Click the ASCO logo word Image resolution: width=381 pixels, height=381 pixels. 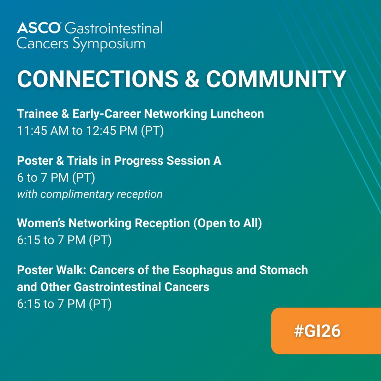pos(39,28)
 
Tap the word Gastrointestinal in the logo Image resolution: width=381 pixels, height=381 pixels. pos(114,28)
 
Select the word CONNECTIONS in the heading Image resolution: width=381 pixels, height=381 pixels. pos(97,79)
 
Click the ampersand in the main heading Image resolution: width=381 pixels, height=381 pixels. pos(192,79)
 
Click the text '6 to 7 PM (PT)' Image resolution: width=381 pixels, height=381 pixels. pos(56,178)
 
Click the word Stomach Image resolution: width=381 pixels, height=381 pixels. pos(284,270)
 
